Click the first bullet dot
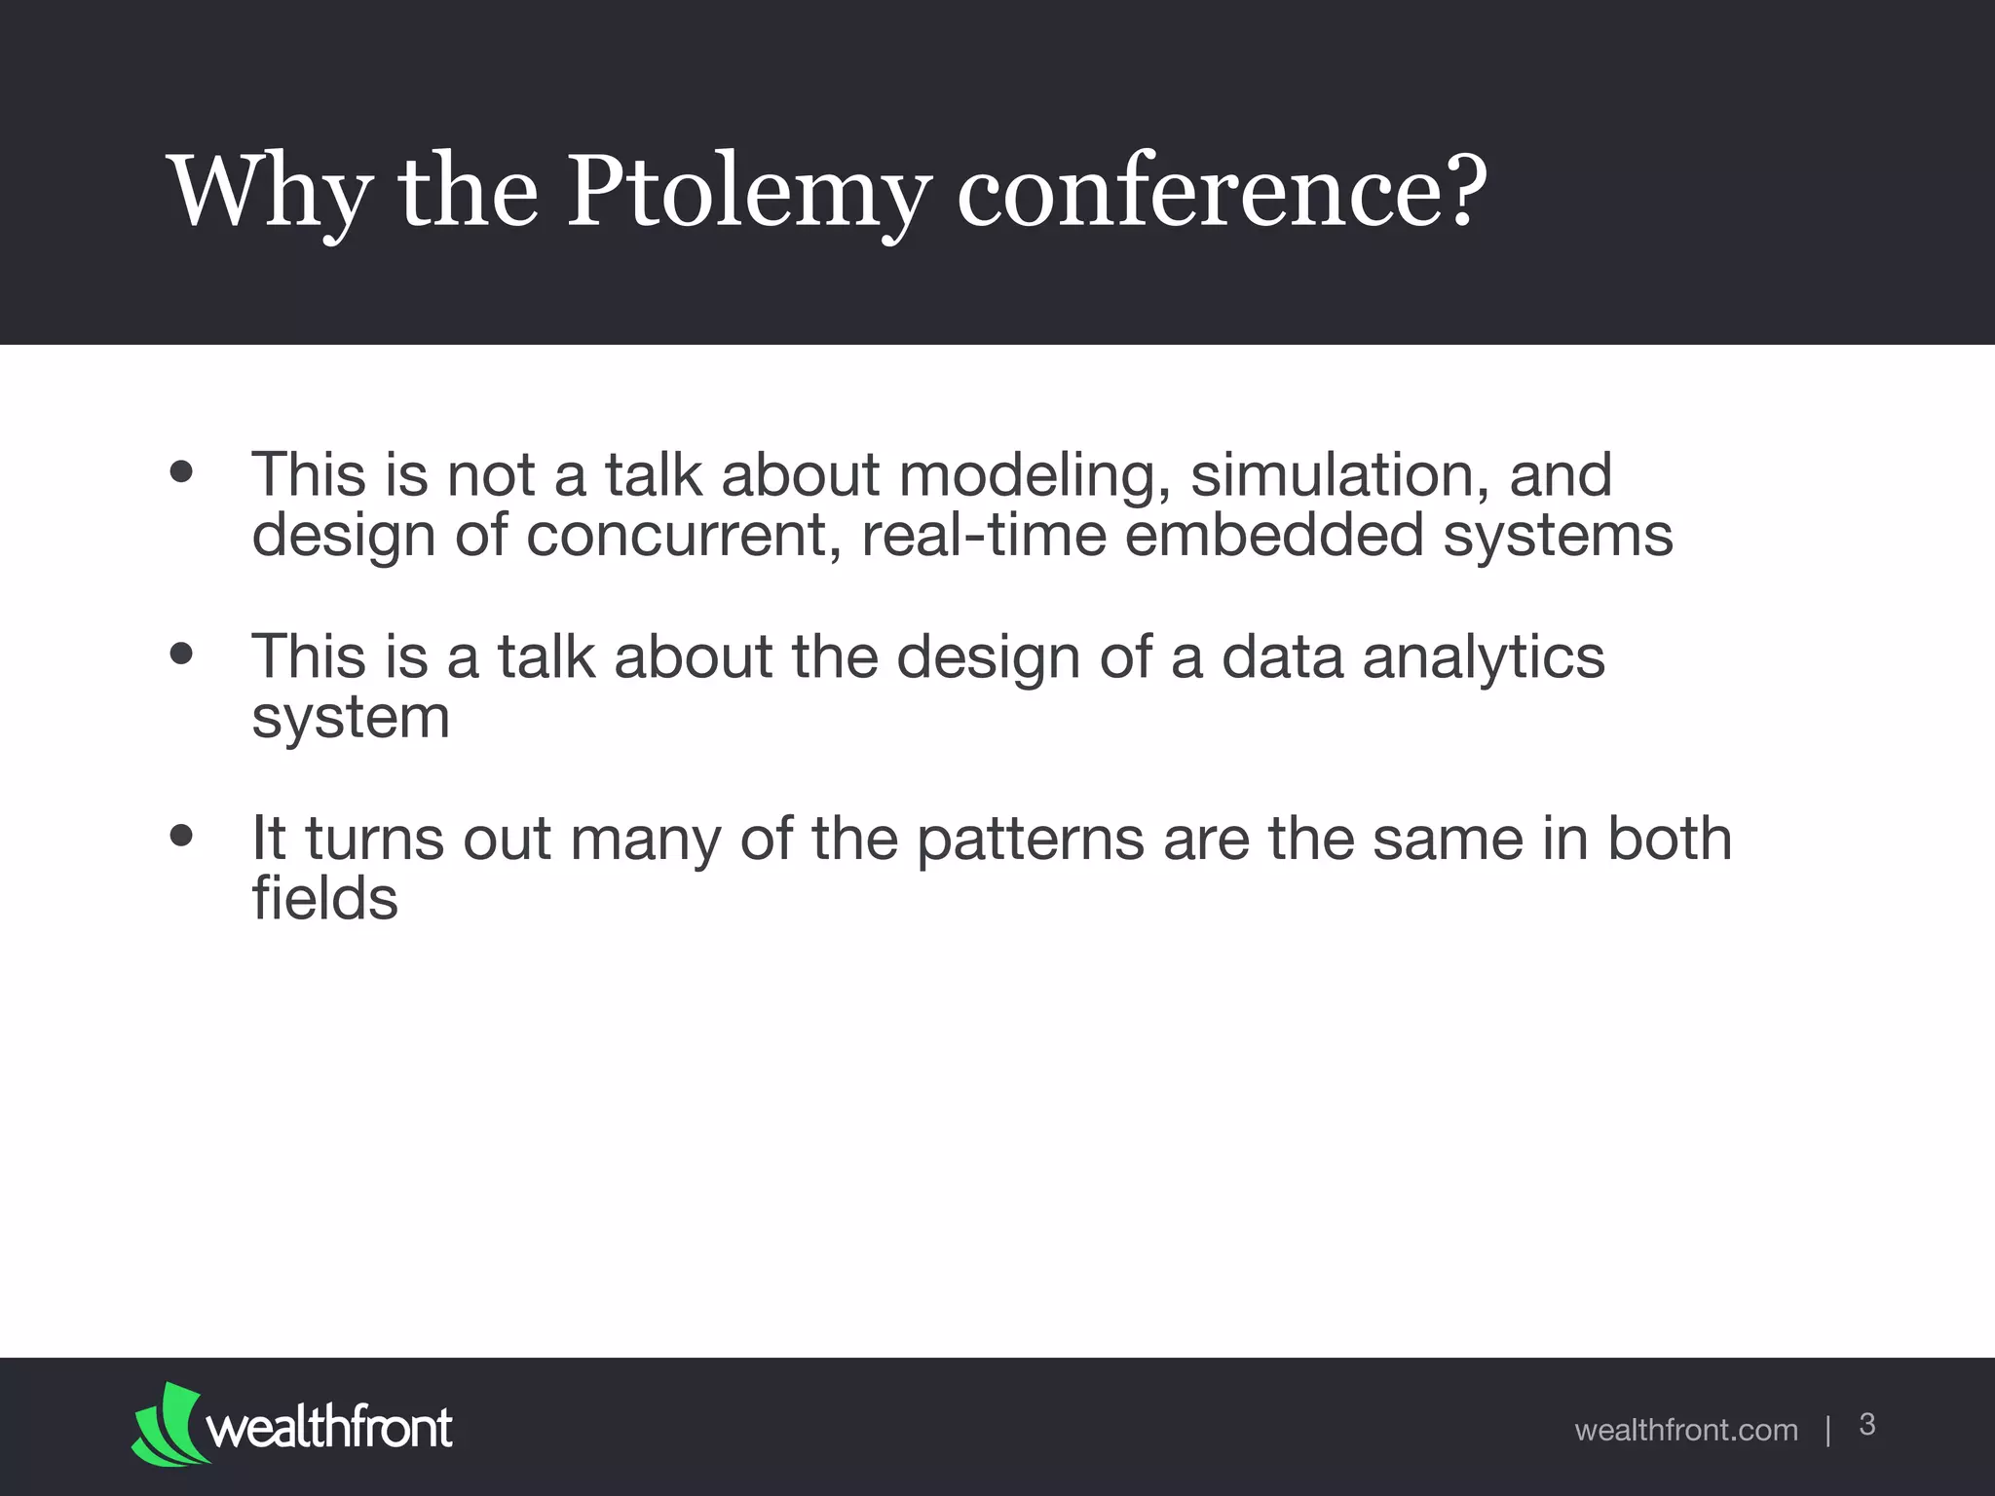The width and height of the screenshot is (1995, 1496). click(x=181, y=472)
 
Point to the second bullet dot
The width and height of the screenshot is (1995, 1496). click(x=181, y=654)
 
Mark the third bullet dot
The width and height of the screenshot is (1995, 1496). click(x=181, y=836)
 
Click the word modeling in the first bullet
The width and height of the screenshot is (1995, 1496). click(x=1035, y=476)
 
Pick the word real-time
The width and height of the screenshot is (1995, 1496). click(x=984, y=536)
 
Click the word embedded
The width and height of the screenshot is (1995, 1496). click(x=1274, y=536)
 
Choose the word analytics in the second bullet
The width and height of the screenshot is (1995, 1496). click(x=1483, y=657)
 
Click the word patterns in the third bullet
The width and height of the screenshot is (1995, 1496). click(x=1031, y=840)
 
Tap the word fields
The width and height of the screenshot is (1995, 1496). click(x=324, y=898)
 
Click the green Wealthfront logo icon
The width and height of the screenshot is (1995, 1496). click(x=168, y=1424)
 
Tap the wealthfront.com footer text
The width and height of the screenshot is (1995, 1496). click(x=1685, y=1430)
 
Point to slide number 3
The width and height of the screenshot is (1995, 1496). click(x=1867, y=1425)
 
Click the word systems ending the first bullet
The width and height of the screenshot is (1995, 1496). click(x=1558, y=538)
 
